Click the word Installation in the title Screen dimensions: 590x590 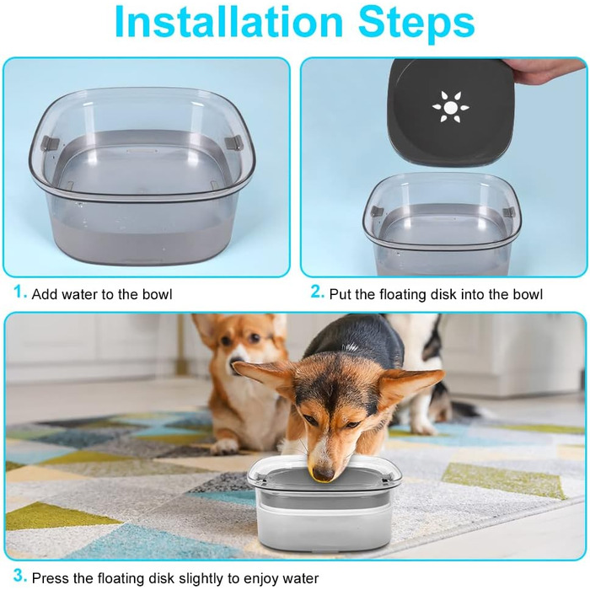(228, 22)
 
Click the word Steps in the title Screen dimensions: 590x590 (416, 24)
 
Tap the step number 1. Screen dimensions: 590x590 (19, 292)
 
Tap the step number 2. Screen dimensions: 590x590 (317, 292)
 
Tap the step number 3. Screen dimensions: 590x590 (19, 576)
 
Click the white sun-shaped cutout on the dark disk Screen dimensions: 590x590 (450, 107)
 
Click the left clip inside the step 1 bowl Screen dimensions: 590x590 (50, 142)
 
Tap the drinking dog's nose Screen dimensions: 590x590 (323, 474)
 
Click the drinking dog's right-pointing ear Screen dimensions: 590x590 (411, 382)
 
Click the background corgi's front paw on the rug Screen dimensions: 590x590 (224, 446)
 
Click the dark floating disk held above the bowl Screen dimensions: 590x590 (450, 111)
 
